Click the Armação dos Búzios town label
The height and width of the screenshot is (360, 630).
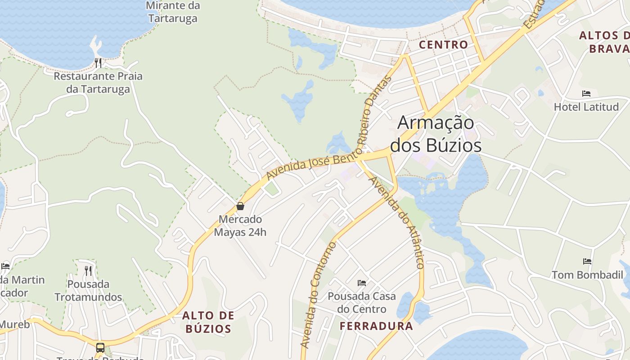pyautogui.click(x=436, y=134)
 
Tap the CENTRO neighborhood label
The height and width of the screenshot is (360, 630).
pyautogui.click(x=443, y=45)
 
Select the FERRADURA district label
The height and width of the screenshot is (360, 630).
pyautogui.click(x=376, y=326)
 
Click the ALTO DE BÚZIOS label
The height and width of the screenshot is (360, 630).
pyautogui.click(x=208, y=322)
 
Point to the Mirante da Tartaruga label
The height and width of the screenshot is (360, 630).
pyautogui.click(x=173, y=12)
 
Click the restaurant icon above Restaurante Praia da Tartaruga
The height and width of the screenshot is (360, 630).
pyautogui.click(x=98, y=62)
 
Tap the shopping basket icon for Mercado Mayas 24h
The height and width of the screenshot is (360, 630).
pyautogui.click(x=240, y=206)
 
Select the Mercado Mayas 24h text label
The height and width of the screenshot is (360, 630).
pyautogui.click(x=240, y=226)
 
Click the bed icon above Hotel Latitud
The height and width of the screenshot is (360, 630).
pyautogui.click(x=586, y=94)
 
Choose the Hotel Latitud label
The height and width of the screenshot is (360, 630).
pyautogui.click(x=586, y=107)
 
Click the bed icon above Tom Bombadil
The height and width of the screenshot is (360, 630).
pyautogui.click(x=587, y=261)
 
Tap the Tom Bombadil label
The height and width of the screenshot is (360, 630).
pyautogui.click(x=587, y=274)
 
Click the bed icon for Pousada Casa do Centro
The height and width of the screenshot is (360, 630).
pyautogui.click(x=362, y=283)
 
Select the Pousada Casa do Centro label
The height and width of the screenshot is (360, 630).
pyautogui.click(x=362, y=302)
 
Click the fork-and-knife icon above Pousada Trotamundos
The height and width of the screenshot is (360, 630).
pyautogui.click(x=88, y=270)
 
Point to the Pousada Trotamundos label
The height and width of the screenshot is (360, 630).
pyautogui.click(x=88, y=291)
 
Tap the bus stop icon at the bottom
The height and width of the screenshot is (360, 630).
pyautogui.click(x=100, y=348)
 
